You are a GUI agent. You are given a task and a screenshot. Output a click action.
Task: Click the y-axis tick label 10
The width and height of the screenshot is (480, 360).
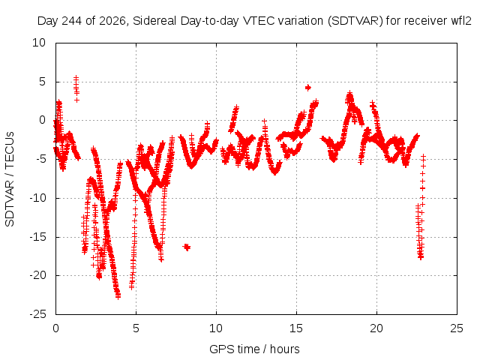click(x=39, y=43)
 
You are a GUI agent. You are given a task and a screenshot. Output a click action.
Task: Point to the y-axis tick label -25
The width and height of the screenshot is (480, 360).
click(x=38, y=314)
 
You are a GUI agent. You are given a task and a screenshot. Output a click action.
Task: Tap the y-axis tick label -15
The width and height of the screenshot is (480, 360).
click(x=38, y=237)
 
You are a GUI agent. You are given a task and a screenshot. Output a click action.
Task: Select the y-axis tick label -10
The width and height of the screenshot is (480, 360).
click(x=38, y=198)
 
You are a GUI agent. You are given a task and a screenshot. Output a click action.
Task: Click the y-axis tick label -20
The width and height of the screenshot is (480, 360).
click(x=38, y=275)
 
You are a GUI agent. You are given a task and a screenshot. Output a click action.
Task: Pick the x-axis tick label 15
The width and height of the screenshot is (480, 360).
click(x=296, y=328)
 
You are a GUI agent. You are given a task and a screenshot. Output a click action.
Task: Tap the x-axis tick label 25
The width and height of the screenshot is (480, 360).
click(x=457, y=328)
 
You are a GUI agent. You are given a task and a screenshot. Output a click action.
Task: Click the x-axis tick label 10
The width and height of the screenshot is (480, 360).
click(x=216, y=328)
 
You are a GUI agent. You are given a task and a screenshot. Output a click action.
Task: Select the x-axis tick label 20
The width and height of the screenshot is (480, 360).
click(x=376, y=328)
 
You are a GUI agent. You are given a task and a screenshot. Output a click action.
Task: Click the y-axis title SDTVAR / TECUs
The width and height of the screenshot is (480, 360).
click(x=10, y=179)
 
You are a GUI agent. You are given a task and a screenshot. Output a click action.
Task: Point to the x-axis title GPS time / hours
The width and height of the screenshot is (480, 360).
click(x=254, y=349)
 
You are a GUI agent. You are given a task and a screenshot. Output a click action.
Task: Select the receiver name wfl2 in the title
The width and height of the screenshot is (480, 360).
click(x=461, y=21)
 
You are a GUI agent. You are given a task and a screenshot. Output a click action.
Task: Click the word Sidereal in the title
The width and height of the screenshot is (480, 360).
click(x=154, y=21)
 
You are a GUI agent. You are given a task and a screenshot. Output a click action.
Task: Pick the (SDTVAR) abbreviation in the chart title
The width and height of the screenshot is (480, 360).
click(x=355, y=21)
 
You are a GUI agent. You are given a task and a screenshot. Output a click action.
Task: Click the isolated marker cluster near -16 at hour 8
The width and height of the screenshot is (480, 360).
click(x=187, y=247)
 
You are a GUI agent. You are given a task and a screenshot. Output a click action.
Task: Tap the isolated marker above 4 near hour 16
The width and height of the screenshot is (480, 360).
click(x=308, y=88)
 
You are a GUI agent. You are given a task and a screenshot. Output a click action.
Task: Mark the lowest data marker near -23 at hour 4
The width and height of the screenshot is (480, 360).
click(x=118, y=296)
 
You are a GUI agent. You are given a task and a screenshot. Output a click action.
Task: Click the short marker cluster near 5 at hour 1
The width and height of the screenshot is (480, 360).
click(x=76, y=88)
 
